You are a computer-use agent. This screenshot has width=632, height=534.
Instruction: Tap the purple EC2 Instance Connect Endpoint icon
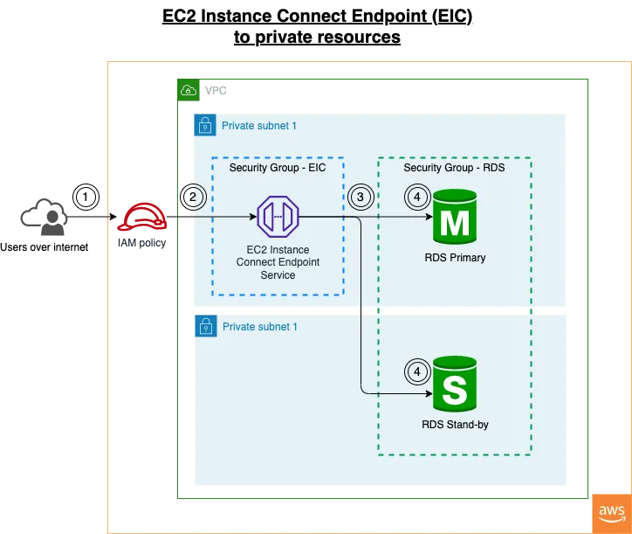(x=278, y=216)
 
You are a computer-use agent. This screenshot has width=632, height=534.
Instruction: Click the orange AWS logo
(x=612, y=512)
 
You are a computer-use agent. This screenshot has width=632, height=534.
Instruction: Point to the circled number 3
(x=360, y=197)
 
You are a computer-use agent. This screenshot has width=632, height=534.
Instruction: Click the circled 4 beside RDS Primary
(x=416, y=198)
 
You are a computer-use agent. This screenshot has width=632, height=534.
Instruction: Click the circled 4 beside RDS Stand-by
(x=416, y=371)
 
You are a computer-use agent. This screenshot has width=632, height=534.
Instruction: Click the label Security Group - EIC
(x=277, y=168)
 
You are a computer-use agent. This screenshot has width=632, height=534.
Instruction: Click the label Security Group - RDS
(x=454, y=168)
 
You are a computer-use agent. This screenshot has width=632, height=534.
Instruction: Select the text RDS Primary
(x=455, y=258)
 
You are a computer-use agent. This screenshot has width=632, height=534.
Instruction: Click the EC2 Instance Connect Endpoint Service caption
(x=278, y=262)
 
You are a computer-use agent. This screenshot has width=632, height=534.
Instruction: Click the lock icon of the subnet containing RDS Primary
(x=204, y=125)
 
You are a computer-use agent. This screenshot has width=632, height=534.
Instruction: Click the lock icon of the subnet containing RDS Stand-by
(x=204, y=327)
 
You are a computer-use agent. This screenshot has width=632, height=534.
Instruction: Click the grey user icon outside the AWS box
(x=44, y=218)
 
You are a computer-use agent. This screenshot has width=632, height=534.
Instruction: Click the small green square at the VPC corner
(x=187, y=89)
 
